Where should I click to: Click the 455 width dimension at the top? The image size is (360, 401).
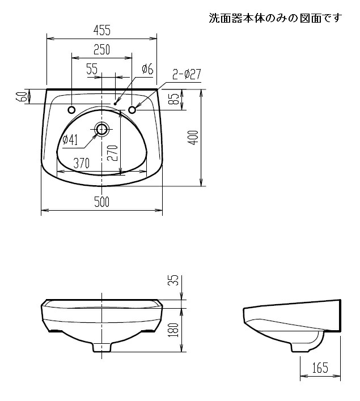102,30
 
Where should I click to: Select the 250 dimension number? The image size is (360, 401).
101,50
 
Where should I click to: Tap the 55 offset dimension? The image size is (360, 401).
92,69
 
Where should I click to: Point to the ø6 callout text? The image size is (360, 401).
147,69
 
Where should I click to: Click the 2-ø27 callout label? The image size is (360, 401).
187,74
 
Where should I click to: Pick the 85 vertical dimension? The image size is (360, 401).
175,99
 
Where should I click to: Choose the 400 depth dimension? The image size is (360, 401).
194,138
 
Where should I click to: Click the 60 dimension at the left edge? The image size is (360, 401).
23,96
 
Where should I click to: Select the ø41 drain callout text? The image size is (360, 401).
70,140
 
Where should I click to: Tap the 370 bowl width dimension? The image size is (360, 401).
82,163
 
